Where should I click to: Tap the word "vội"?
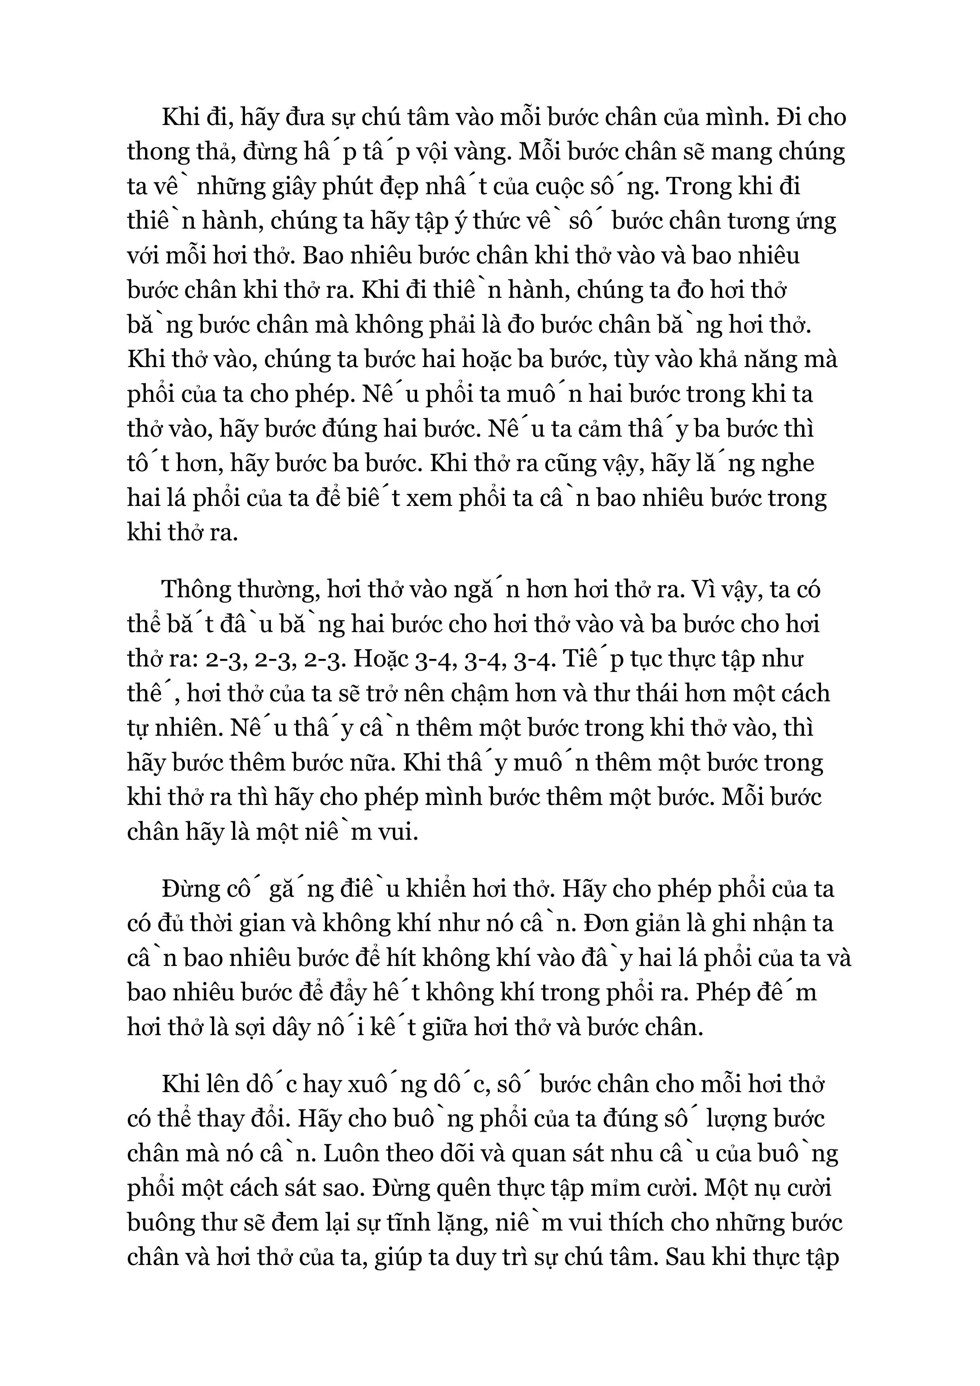440,153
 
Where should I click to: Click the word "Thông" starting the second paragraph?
200,590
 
